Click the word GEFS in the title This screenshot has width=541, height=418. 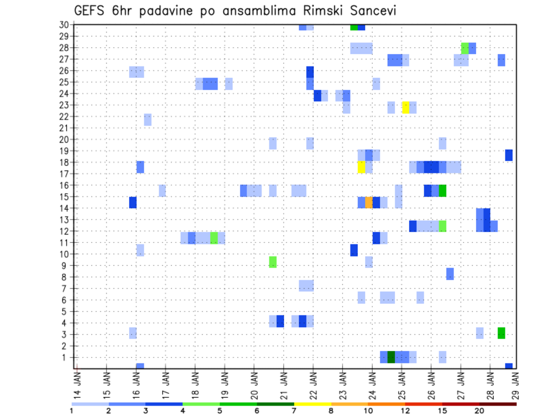[x=89, y=11]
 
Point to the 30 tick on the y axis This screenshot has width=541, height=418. [x=64, y=25]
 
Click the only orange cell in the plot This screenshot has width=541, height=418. [x=369, y=202]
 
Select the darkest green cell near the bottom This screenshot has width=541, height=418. [x=391, y=357]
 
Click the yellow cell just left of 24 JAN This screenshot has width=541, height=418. [x=361, y=167]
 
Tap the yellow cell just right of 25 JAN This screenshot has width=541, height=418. [x=405, y=108]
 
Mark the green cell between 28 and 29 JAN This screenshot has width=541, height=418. [x=501, y=333]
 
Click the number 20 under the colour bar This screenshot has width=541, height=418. [x=480, y=411]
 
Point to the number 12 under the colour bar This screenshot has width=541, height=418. [x=405, y=411]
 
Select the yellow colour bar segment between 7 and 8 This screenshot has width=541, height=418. [x=313, y=404]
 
